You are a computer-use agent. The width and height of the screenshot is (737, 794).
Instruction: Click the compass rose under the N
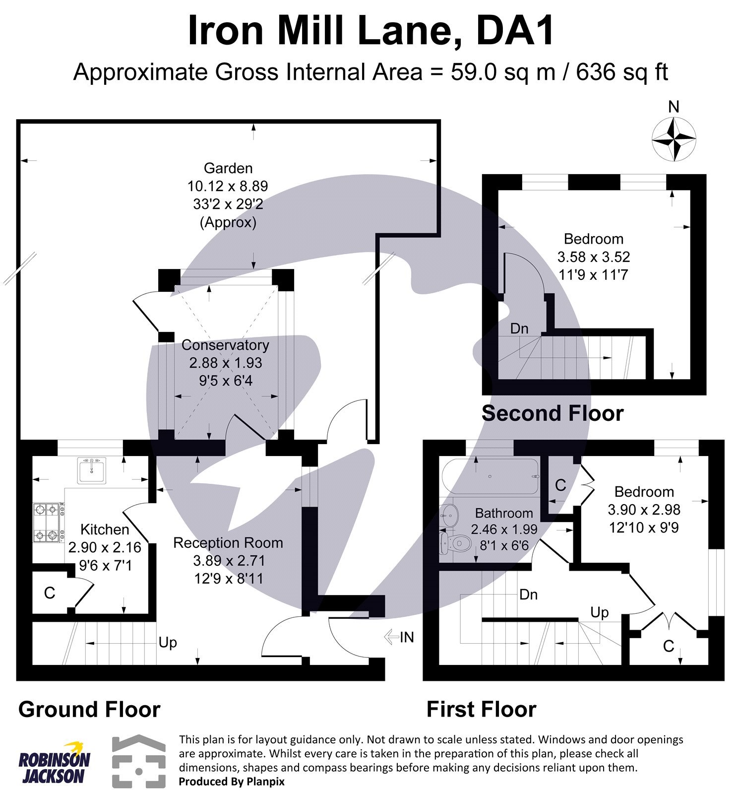[673, 139]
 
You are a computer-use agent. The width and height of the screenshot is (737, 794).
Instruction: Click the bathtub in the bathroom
[490, 476]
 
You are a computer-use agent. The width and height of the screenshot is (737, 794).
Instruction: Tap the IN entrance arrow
[399, 637]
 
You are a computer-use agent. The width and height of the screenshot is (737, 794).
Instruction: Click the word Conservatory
[225, 345]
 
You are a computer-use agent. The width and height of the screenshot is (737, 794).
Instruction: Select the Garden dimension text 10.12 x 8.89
[228, 186]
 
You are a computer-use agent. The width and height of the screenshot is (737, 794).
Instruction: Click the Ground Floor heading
[89, 710]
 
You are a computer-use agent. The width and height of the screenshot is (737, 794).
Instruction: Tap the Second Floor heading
[553, 413]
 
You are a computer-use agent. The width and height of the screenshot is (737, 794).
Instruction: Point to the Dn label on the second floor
[519, 329]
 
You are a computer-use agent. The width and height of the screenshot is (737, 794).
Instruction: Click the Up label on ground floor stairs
[168, 643]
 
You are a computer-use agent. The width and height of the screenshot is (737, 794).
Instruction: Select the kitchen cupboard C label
[50, 593]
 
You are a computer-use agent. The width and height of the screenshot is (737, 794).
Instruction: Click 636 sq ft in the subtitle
[621, 72]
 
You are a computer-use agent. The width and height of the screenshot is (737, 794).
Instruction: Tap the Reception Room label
[228, 543]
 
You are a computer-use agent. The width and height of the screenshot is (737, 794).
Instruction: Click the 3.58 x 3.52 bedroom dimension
[594, 257]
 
